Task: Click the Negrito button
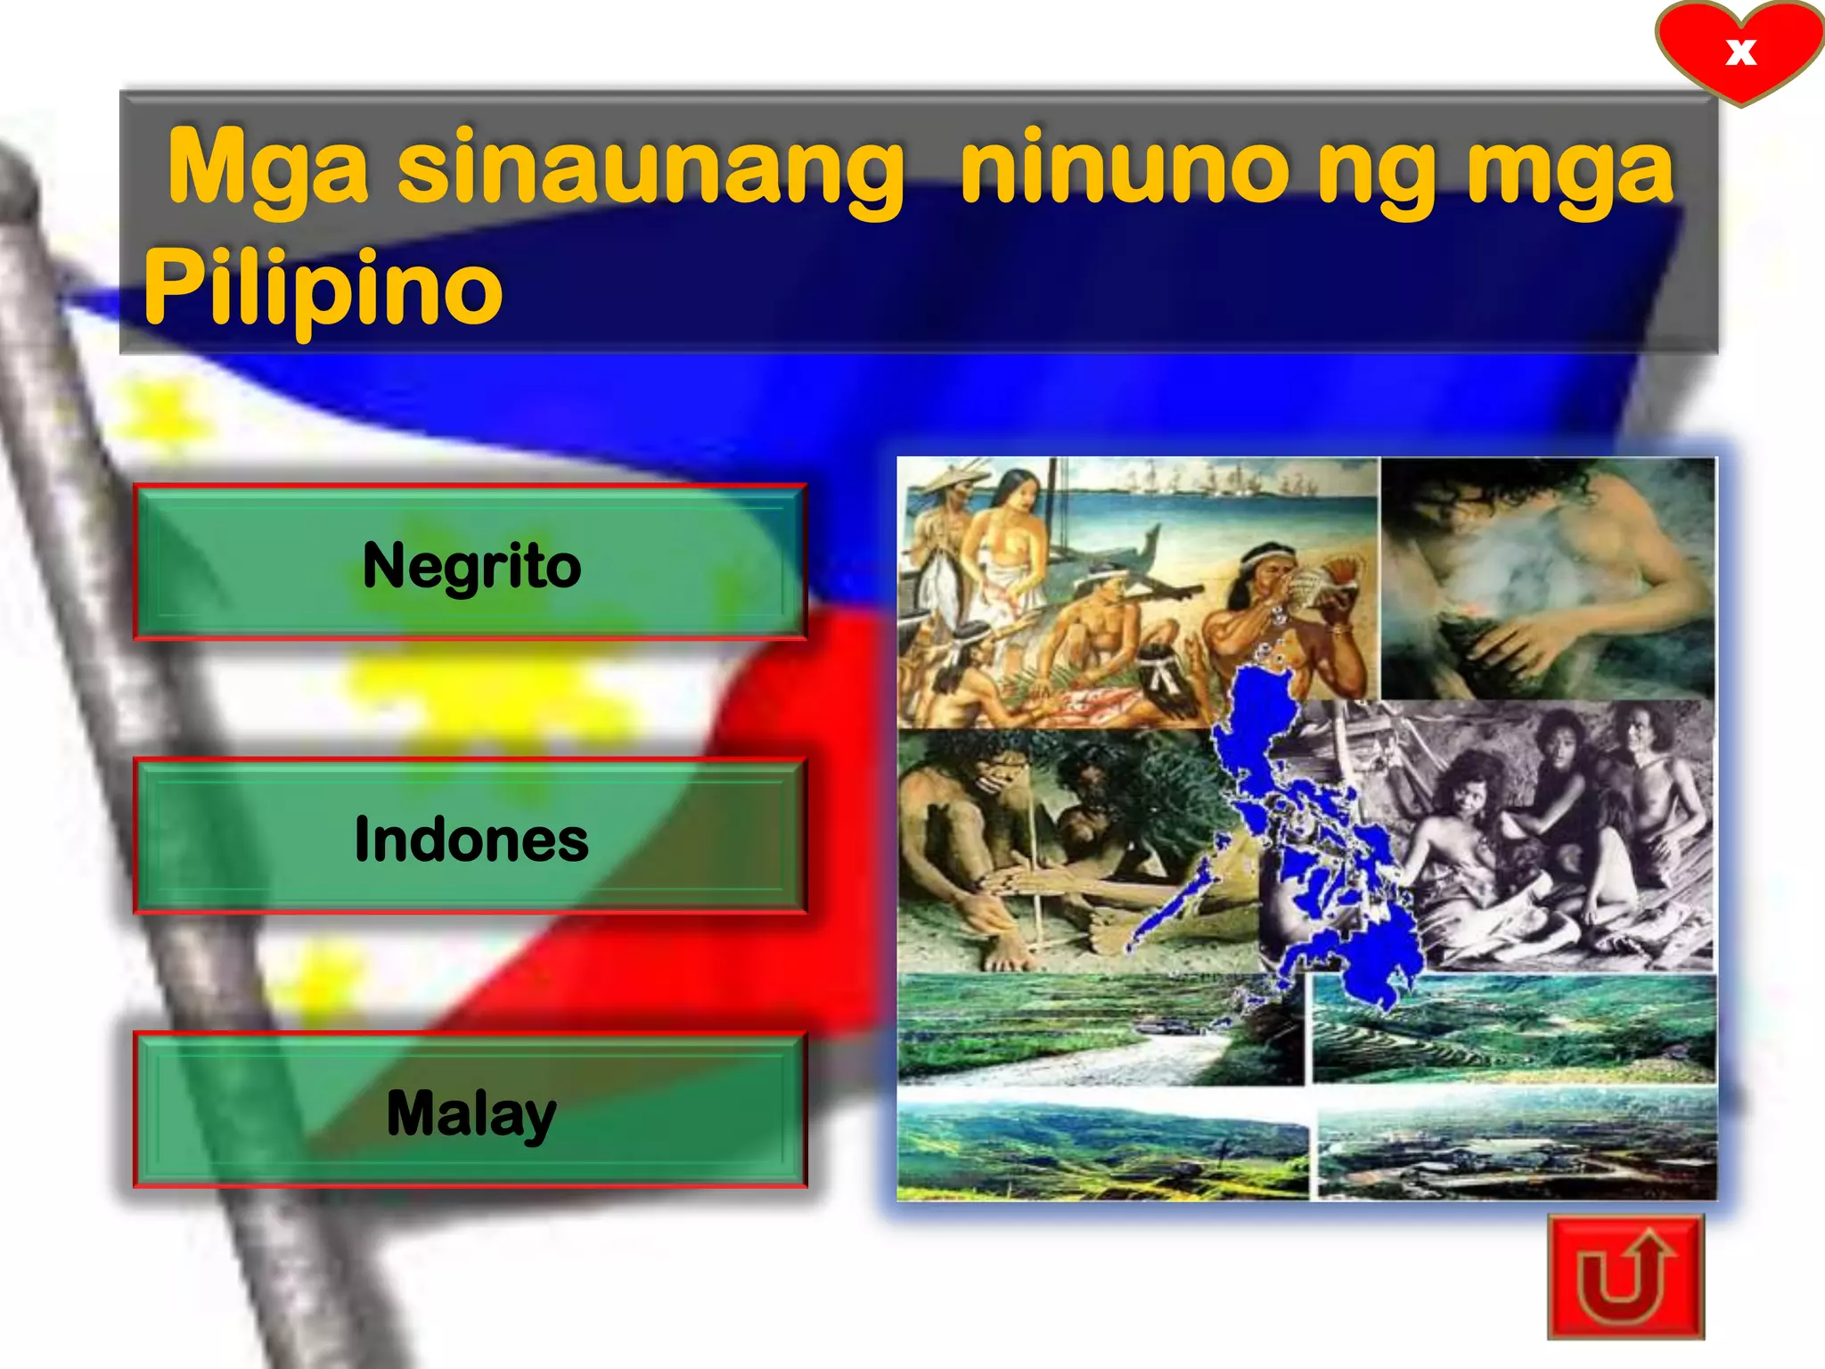click(471, 563)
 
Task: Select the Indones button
click(471, 838)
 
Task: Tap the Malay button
click(471, 1111)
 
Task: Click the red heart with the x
click(1739, 52)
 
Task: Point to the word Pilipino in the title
click(323, 287)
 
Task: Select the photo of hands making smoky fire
click(1546, 579)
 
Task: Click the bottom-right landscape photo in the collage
click(1515, 1150)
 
